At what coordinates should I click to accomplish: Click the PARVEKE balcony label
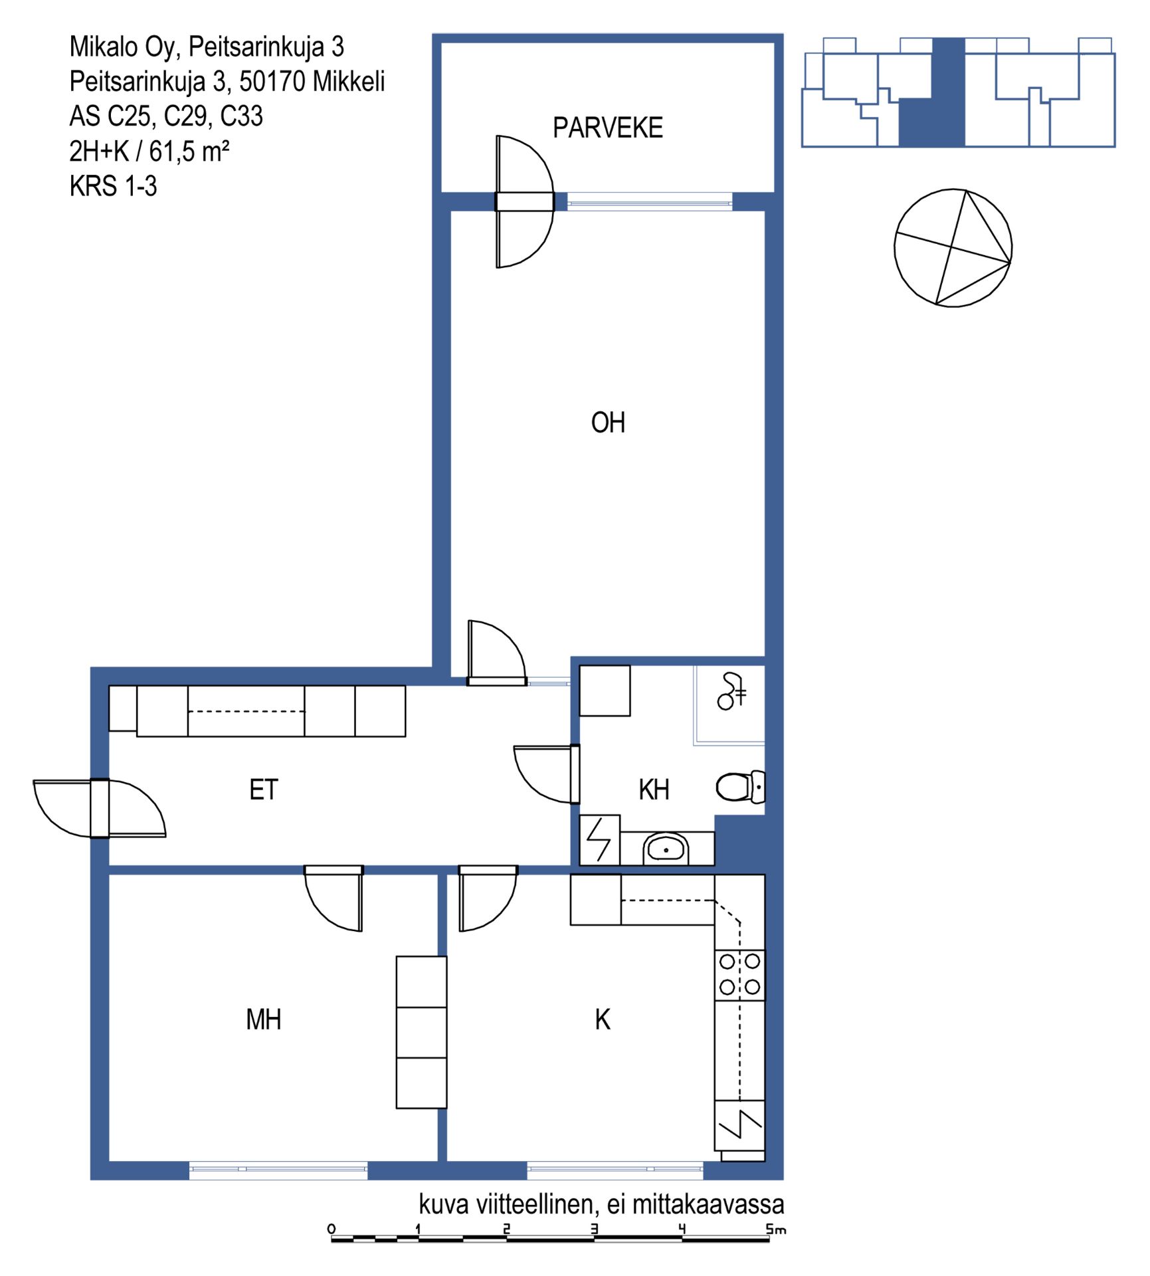(x=607, y=128)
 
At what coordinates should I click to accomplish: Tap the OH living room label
(x=608, y=423)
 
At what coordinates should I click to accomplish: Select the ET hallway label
(x=263, y=790)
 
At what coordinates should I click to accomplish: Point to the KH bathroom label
(x=654, y=790)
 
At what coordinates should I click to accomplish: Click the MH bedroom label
(x=263, y=1019)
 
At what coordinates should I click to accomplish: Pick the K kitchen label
(x=602, y=1019)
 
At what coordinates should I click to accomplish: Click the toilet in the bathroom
(x=740, y=788)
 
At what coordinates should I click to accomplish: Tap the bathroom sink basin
(x=665, y=849)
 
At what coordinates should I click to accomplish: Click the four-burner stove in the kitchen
(x=739, y=975)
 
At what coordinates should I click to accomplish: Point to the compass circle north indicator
(x=953, y=248)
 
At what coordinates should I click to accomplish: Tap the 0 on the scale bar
(x=332, y=1229)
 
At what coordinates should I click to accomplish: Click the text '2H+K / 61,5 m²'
(x=149, y=152)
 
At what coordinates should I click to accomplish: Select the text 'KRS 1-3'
(x=113, y=186)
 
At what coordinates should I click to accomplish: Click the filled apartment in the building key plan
(x=931, y=93)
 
